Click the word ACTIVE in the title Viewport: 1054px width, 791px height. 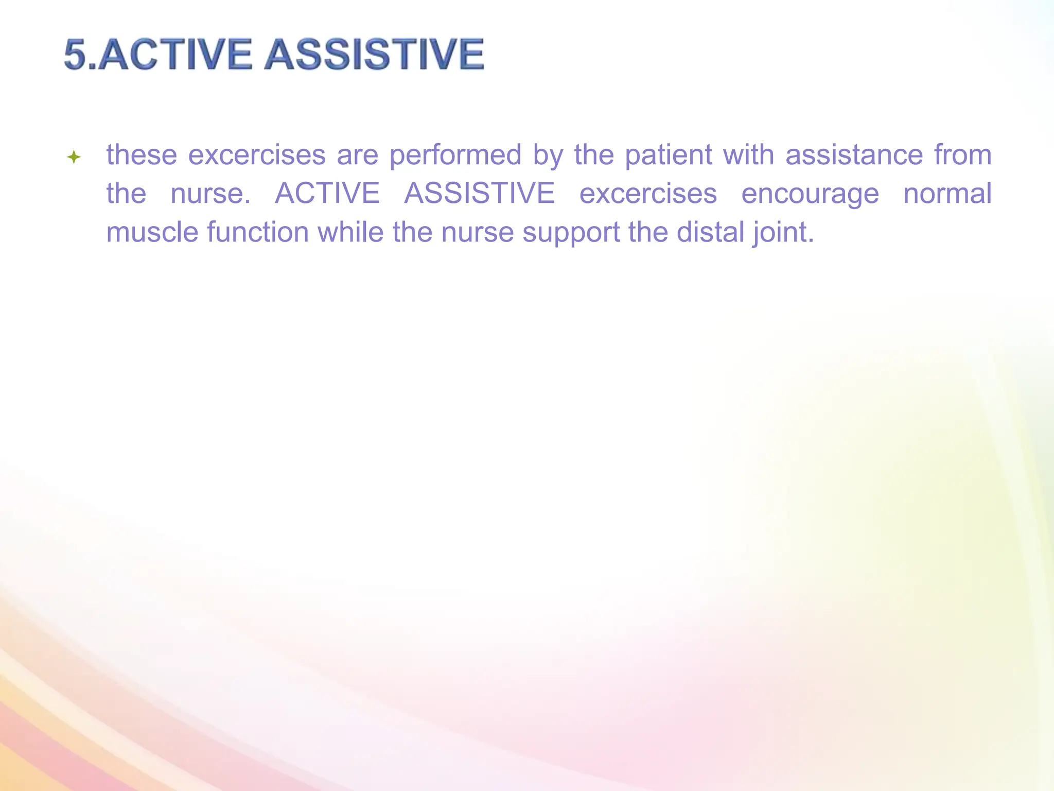coord(175,55)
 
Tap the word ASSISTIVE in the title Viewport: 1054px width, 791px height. coord(374,55)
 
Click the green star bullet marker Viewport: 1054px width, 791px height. coord(74,157)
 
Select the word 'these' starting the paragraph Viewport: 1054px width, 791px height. coord(142,155)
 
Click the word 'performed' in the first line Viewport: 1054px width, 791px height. coord(455,155)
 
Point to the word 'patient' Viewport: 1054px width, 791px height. coord(668,155)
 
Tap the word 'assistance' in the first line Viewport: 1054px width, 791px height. coord(854,155)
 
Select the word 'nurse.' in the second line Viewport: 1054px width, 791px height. coord(210,194)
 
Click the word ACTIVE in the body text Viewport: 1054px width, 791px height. coord(327,194)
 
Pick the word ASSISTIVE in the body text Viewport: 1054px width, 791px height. coord(480,194)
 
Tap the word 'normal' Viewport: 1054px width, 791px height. coord(947,194)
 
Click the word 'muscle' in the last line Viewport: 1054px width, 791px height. coord(152,232)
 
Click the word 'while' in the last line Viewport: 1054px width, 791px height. coord(350,232)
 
